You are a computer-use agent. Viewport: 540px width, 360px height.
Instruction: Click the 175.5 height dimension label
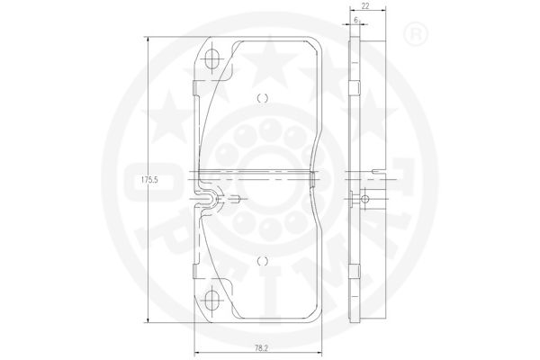tap(149, 179)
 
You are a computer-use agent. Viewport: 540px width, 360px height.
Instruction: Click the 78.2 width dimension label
tap(262, 348)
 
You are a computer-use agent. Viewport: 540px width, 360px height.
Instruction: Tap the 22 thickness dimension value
tap(365, 6)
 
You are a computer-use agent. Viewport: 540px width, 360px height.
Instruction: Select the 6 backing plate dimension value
tap(355, 20)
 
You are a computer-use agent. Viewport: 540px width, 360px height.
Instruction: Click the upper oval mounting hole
tap(212, 58)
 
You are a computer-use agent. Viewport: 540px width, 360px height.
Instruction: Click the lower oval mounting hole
tap(212, 299)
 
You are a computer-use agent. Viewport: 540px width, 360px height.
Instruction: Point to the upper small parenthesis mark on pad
tap(263, 98)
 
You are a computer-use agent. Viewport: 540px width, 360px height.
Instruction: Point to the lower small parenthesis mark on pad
tap(263, 261)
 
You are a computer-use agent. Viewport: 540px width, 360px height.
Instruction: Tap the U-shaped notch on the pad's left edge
tap(207, 199)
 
